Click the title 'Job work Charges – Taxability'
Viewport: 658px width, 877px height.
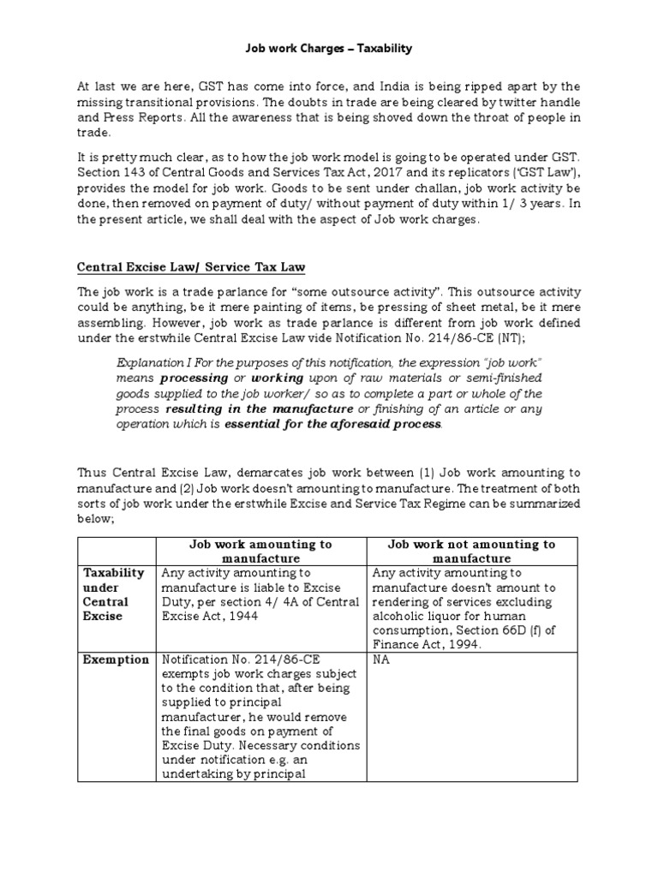pos(329,49)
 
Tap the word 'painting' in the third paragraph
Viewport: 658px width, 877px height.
pos(261,307)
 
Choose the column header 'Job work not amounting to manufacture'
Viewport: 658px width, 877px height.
pos(471,551)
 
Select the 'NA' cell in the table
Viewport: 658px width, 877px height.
pos(380,659)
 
